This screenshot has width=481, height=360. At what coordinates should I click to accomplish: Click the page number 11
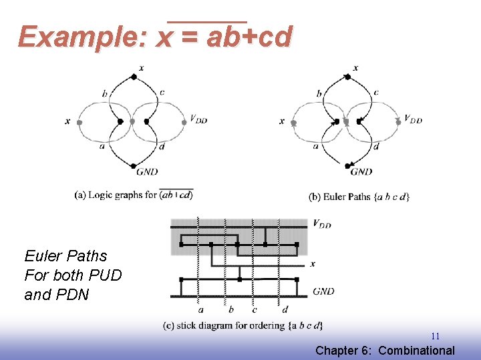(435, 337)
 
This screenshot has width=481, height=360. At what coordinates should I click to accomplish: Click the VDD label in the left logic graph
(198, 119)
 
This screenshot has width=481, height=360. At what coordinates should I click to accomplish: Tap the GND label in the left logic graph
(146, 172)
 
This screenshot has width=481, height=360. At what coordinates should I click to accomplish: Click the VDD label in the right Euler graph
(414, 120)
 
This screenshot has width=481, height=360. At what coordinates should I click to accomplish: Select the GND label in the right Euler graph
(361, 172)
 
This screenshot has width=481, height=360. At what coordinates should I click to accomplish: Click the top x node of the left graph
(134, 77)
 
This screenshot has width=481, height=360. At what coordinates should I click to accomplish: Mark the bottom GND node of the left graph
(134, 166)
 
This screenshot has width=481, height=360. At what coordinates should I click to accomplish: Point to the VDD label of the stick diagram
(322, 224)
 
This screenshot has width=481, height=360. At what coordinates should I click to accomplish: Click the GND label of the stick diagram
(323, 291)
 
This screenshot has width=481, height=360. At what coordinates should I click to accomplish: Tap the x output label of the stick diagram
(313, 264)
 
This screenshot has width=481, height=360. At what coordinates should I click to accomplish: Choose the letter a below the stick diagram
(200, 309)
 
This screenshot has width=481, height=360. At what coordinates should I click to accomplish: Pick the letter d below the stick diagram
(285, 309)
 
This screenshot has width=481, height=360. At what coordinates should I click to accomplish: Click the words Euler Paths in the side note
(65, 256)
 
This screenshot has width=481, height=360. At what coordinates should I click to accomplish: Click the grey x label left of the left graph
(67, 121)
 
